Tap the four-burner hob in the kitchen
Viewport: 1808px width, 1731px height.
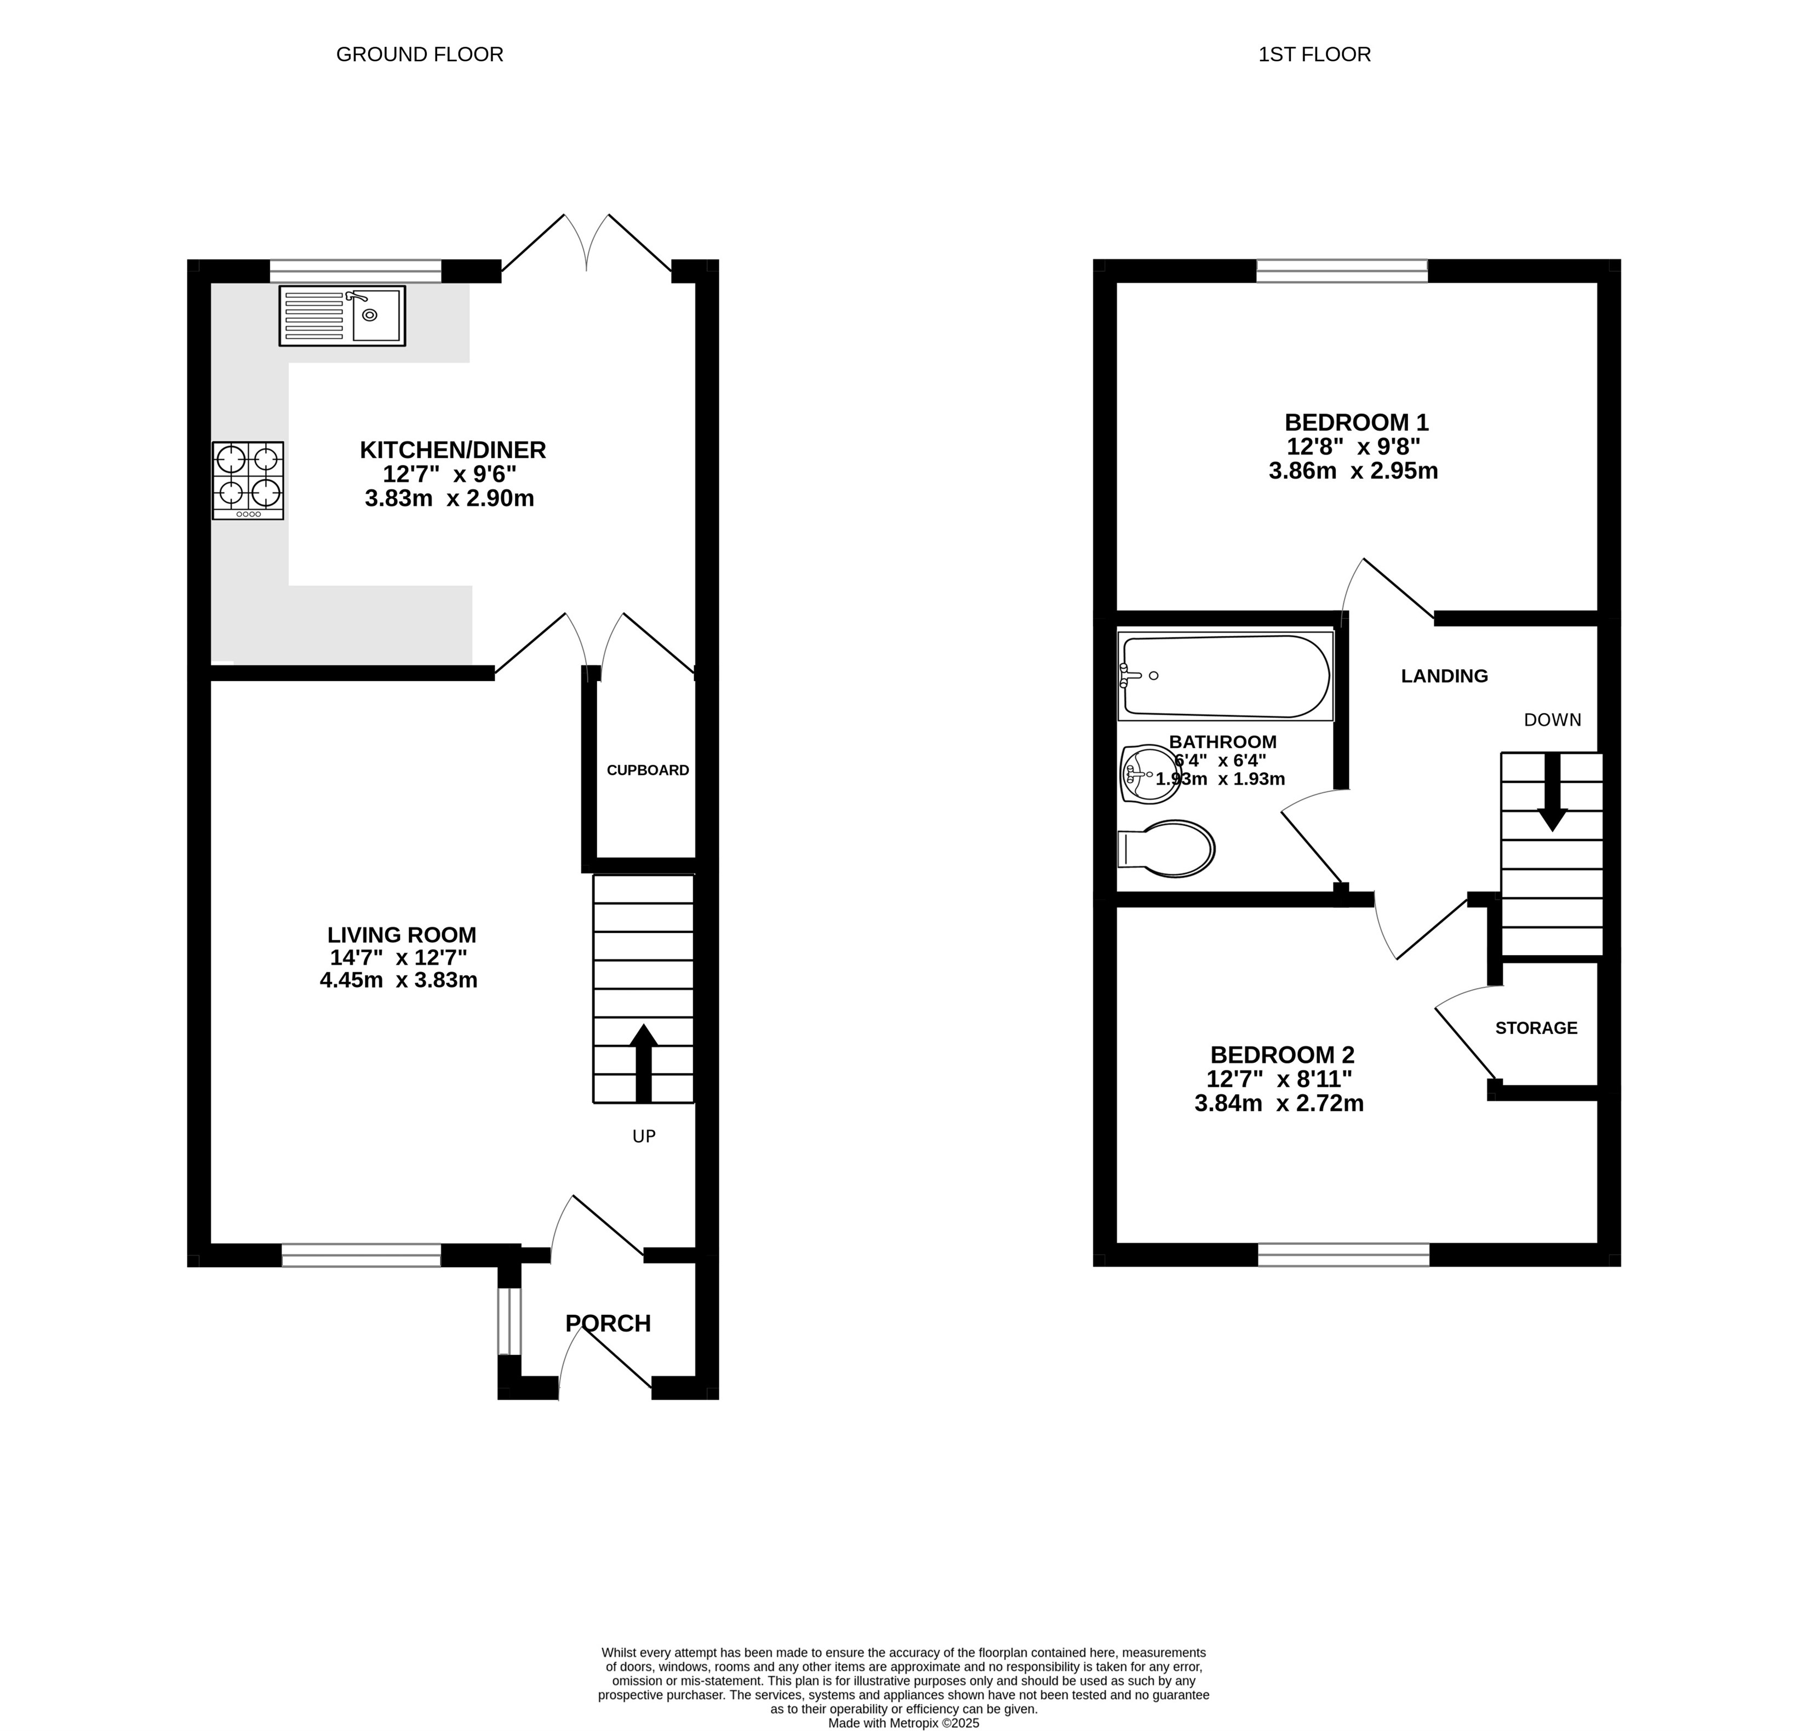pos(248,480)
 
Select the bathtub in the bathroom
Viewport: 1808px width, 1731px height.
pos(1226,676)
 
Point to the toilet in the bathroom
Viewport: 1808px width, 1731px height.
pos(1166,848)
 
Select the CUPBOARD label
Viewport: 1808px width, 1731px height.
pos(648,770)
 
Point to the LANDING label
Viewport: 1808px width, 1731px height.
pos(1445,676)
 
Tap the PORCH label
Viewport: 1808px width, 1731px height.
pos(608,1324)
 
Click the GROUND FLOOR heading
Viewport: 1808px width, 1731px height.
pos(420,54)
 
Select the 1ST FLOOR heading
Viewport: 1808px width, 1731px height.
pos(1314,54)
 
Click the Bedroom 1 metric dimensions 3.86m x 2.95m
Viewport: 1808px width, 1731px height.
pos(1353,471)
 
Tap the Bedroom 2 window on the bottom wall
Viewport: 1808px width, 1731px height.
pos(1344,1254)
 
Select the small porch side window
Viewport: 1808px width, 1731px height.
pos(509,1321)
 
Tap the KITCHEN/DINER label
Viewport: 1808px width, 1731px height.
pos(453,450)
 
